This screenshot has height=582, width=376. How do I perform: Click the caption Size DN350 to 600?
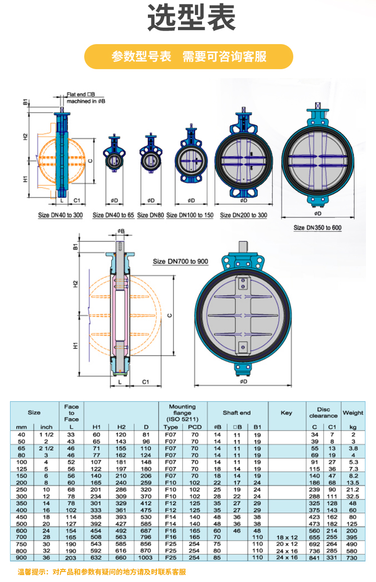pos(317,227)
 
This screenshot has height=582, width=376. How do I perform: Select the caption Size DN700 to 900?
pos(180,261)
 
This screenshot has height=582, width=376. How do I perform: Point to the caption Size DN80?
pos(150,215)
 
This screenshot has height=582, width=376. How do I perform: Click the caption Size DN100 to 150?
pos(190,215)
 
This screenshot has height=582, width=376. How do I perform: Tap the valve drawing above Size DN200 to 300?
pos(244,155)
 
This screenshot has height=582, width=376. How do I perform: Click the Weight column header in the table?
pos(353,413)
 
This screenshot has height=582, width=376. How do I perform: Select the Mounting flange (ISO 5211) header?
pos(182,413)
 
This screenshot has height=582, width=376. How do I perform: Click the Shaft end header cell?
pos(237,413)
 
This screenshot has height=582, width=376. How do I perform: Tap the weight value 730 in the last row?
pos(353,557)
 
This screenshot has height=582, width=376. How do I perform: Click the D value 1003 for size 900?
pos(145,557)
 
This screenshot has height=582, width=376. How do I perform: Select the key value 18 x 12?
pos(286,536)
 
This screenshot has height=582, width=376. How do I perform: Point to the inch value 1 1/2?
pos(46,435)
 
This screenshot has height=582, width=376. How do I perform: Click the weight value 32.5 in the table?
pos(353,496)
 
